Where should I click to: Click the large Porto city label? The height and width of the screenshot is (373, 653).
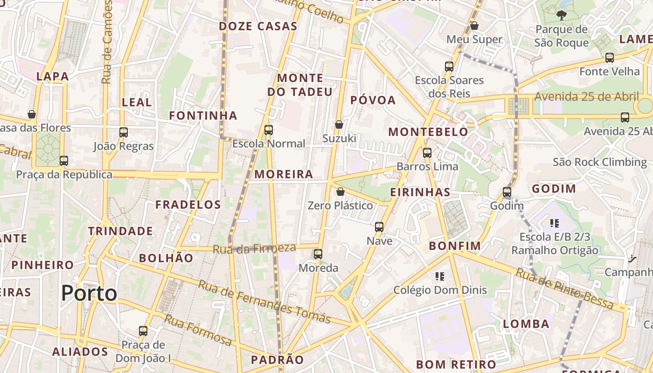pyautogui.click(x=89, y=293)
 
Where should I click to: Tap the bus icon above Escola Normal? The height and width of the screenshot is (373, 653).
pyautogui.click(x=268, y=130)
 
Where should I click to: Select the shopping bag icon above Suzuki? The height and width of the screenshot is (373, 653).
pyautogui.click(x=339, y=124)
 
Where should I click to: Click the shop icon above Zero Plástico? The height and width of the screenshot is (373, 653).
pyautogui.click(x=340, y=192)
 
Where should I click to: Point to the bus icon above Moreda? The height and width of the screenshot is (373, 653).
pyautogui.click(x=318, y=254)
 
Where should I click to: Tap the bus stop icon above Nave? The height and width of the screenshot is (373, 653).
pyautogui.click(x=379, y=227)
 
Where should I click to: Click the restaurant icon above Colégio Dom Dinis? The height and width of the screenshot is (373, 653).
pyautogui.click(x=439, y=276)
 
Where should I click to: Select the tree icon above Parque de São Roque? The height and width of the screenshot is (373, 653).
pyautogui.click(x=562, y=15)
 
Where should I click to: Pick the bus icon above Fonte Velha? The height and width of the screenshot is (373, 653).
pyautogui.click(x=610, y=58)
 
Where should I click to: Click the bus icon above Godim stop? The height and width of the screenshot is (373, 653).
pyautogui.click(x=507, y=192)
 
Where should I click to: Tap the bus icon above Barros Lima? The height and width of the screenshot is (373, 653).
pyautogui.click(x=427, y=152)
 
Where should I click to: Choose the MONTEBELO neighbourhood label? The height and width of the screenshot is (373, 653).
pyautogui.click(x=428, y=132)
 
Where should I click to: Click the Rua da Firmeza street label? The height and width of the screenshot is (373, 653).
pyautogui.click(x=254, y=249)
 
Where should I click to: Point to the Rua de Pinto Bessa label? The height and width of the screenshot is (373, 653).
pyautogui.click(x=564, y=289)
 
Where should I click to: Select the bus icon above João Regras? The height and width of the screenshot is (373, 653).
pyautogui.click(x=124, y=132)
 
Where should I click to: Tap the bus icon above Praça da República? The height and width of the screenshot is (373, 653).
pyautogui.click(x=64, y=161)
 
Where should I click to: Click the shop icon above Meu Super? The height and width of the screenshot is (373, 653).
pyautogui.click(x=474, y=26)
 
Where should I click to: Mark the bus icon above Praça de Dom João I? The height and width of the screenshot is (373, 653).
pyautogui.click(x=143, y=331)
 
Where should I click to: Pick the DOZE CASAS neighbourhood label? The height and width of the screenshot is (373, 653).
pyautogui.click(x=258, y=26)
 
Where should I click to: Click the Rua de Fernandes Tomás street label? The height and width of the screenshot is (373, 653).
pyautogui.click(x=264, y=302)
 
